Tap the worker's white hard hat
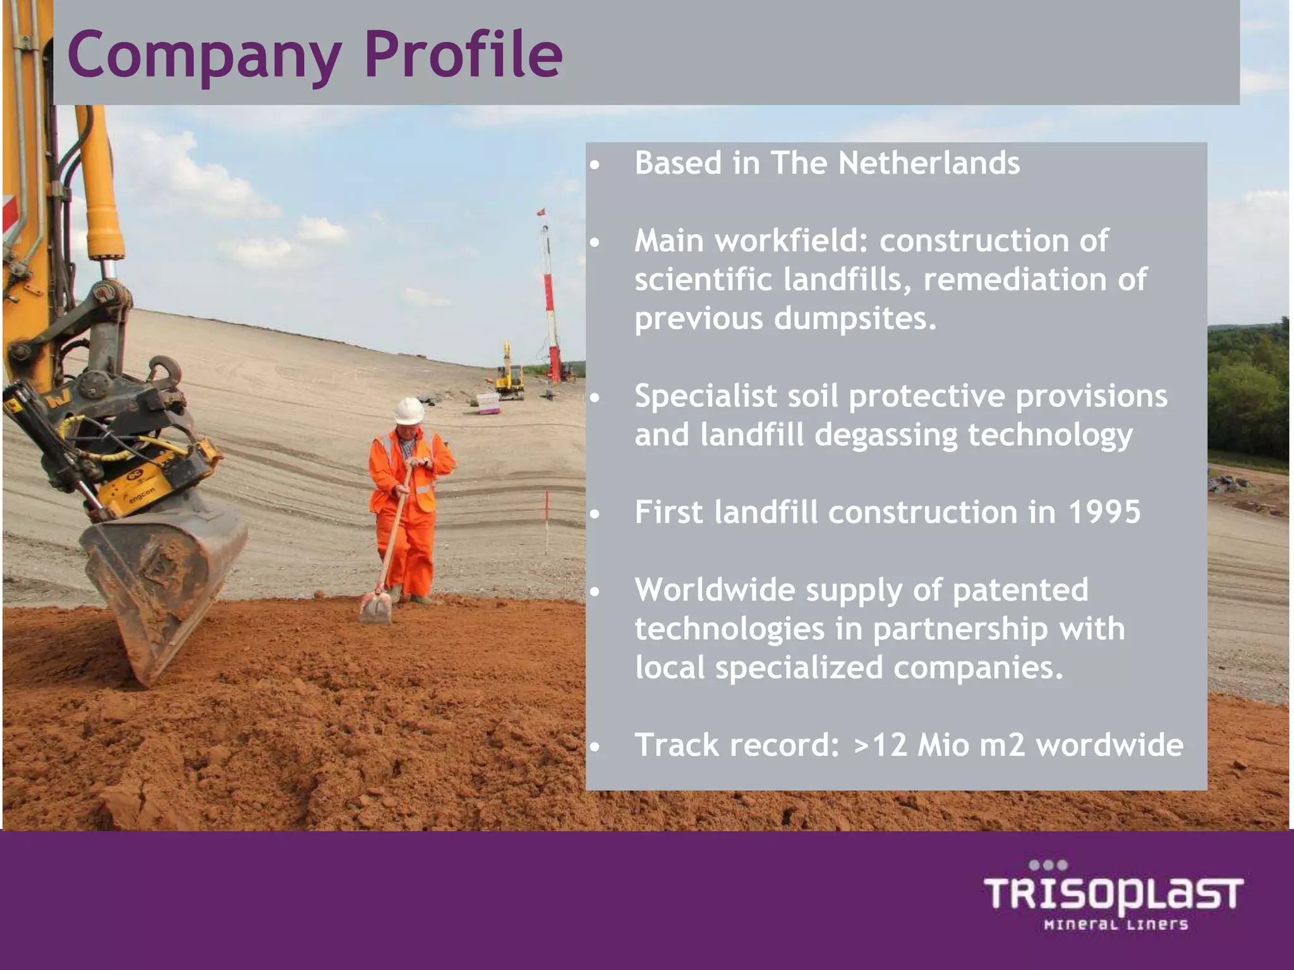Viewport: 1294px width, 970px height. [x=409, y=410]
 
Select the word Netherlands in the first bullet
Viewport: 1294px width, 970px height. [x=928, y=163]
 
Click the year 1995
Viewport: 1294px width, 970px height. [x=1104, y=512]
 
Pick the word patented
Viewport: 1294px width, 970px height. [x=1020, y=590]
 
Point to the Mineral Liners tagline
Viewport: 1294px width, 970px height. [x=1116, y=925]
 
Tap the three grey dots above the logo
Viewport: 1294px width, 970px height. [x=1048, y=865]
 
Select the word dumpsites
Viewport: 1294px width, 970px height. [x=855, y=318]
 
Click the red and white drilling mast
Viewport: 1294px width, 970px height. [x=550, y=303]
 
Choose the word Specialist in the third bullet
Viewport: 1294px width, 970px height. [x=706, y=397]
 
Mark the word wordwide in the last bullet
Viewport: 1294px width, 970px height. [x=1110, y=745]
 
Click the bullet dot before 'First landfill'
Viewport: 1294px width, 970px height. [x=594, y=514]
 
